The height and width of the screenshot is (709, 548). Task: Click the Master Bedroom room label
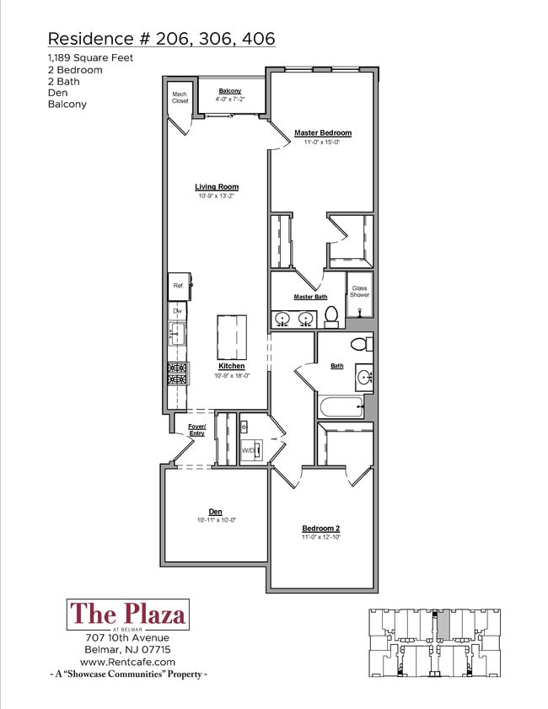click(322, 133)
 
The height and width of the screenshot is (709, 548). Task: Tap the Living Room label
click(217, 187)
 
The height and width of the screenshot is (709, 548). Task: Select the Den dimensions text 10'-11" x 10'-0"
click(216, 520)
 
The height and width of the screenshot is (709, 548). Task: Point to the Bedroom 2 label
click(320, 529)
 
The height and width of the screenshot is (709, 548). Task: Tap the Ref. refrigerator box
click(179, 287)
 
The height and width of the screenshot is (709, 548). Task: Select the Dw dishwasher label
click(177, 311)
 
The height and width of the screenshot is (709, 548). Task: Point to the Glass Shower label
click(360, 291)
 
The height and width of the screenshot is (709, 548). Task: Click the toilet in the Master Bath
click(331, 316)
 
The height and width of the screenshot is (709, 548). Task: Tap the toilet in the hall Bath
click(362, 344)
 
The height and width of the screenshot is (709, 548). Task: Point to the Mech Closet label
click(180, 97)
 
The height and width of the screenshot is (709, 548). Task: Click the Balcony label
click(230, 91)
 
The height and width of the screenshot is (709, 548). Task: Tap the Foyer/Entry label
click(196, 430)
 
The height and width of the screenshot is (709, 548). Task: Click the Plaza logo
click(127, 615)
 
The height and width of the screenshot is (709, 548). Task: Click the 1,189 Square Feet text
click(90, 57)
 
